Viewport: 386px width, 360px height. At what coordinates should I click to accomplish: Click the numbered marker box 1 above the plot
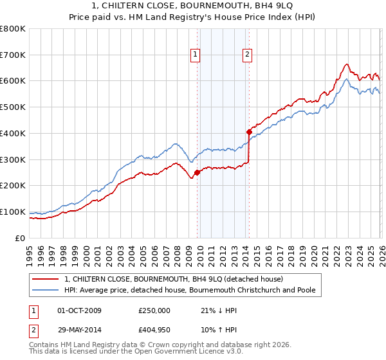click(195, 55)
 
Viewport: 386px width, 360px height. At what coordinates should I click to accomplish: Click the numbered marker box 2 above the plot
click(247, 55)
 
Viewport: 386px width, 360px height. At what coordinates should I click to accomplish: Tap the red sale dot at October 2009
click(198, 172)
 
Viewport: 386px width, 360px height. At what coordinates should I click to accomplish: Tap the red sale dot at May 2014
click(249, 132)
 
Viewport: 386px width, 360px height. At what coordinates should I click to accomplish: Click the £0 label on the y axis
click(19, 238)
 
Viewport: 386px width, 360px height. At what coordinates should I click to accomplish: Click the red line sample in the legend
click(46, 279)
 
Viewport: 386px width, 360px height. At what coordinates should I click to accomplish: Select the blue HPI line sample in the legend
click(46, 290)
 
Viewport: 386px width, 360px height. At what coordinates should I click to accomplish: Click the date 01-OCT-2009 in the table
click(79, 310)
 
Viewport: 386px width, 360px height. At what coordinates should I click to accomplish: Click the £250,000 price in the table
click(154, 310)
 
